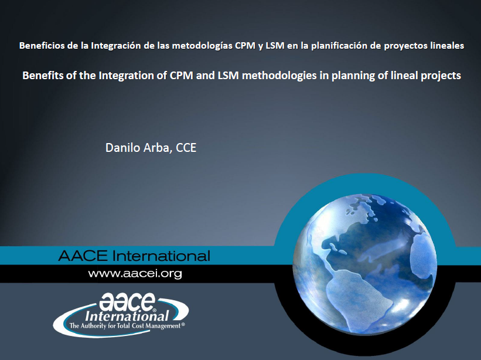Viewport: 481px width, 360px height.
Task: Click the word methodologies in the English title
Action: (279, 76)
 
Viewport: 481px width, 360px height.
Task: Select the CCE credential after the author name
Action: (186, 148)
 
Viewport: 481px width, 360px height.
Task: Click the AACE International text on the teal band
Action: (134, 256)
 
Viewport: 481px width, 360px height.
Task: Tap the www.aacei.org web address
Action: (135, 273)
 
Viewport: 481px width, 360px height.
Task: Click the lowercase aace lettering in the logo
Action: (127, 301)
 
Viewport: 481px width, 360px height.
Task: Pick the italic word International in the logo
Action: (127, 316)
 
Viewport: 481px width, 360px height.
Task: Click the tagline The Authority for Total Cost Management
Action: (127, 325)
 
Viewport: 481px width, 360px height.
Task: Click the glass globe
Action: (365, 264)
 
